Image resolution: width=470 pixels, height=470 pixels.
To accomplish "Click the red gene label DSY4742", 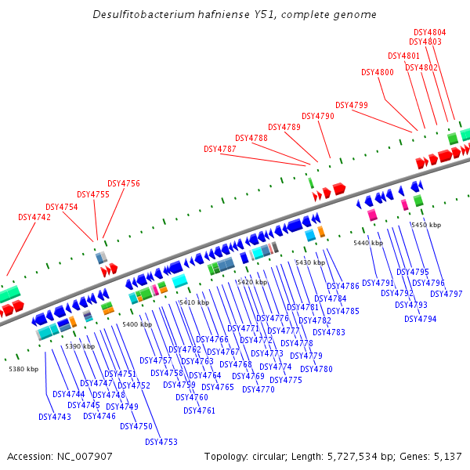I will (34, 217).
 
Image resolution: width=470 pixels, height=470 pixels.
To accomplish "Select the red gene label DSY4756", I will (124, 183).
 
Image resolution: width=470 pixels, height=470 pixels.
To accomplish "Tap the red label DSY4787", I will (220, 149).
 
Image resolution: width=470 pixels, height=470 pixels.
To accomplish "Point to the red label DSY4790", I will (318, 116).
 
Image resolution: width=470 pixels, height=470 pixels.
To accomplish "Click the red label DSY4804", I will (430, 32).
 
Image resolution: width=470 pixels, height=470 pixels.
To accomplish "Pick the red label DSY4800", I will (378, 72).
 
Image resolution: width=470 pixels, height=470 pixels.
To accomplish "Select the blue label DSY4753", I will (161, 442).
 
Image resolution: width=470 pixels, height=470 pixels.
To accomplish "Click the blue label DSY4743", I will (55, 417).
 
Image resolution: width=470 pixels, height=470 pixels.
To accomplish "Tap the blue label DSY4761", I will (200, 410).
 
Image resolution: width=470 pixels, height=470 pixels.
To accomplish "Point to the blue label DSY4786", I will (343, 286).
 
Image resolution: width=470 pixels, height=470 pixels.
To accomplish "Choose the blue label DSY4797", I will (446, 294).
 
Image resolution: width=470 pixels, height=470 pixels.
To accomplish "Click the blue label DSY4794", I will (421, 319).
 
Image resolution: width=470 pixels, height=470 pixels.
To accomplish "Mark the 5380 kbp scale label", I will (23, 369).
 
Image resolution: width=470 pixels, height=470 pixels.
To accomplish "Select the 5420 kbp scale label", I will (252, 282).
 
